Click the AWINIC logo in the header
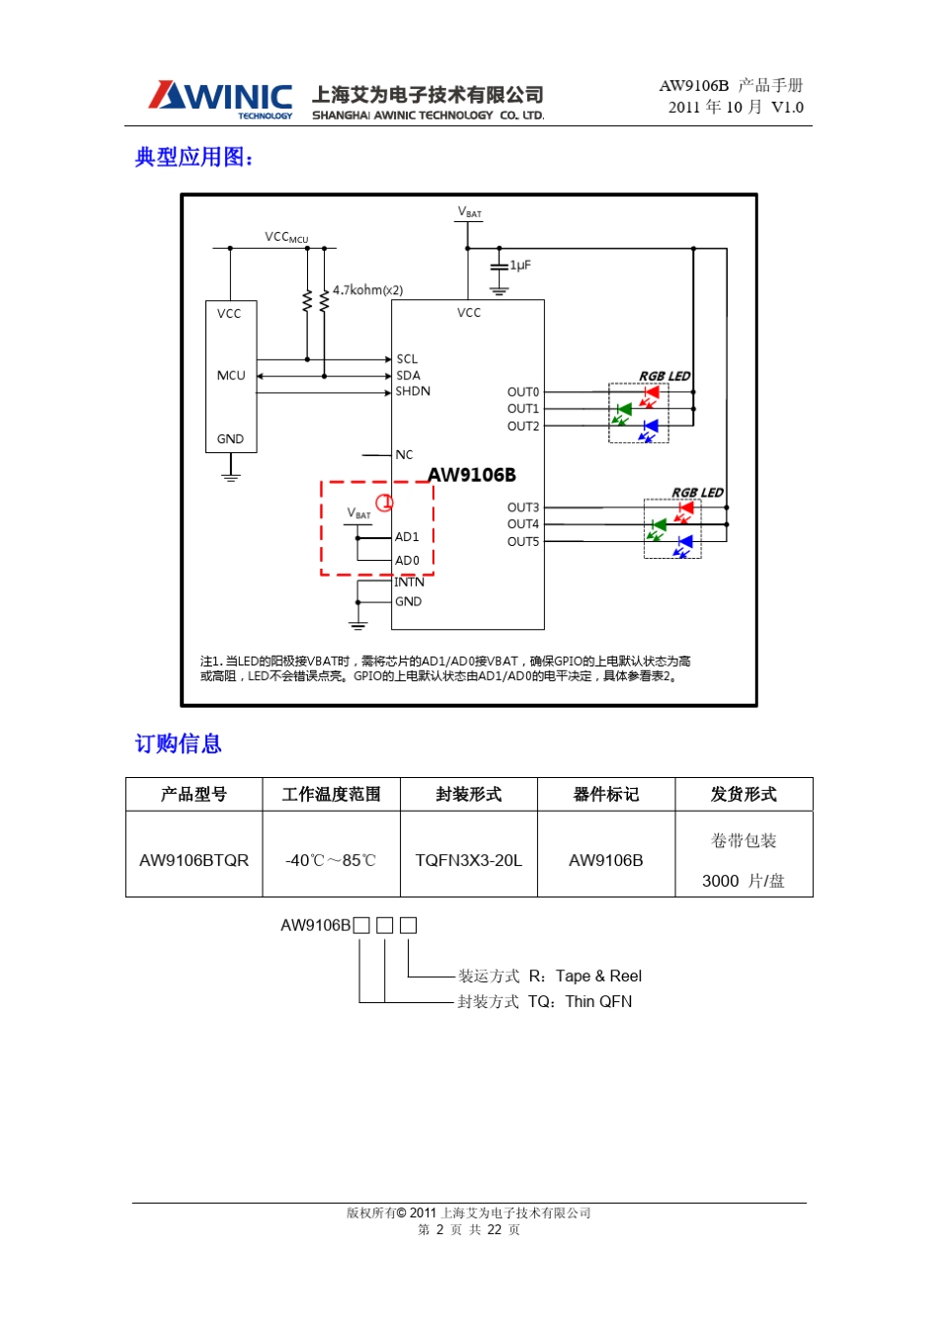[x=220, y=99]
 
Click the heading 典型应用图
[x=194, y=157]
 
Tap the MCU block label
[x=231, y=376]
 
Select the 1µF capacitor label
[x=520, y=266]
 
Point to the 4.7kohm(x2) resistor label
[x=367, y=290]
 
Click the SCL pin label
[x=407, y=359]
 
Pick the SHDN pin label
[x=413, y=392]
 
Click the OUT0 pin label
[x=523, y=393]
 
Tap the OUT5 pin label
[x=523, y=542]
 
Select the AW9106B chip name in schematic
[x=472, y=475]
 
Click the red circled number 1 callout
[x=385, y=503]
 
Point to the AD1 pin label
[x=407, y=537]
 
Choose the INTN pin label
[x=410, y=583]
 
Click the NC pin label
[x=404, y=455]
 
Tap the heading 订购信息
[x=179, y=743]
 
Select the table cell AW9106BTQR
[x=194, y=860]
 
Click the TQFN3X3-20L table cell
[x=468, y=860]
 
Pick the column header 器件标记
[x=605, y=795]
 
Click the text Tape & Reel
[x=598, y=976]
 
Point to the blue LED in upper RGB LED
[x=650, y=427]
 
